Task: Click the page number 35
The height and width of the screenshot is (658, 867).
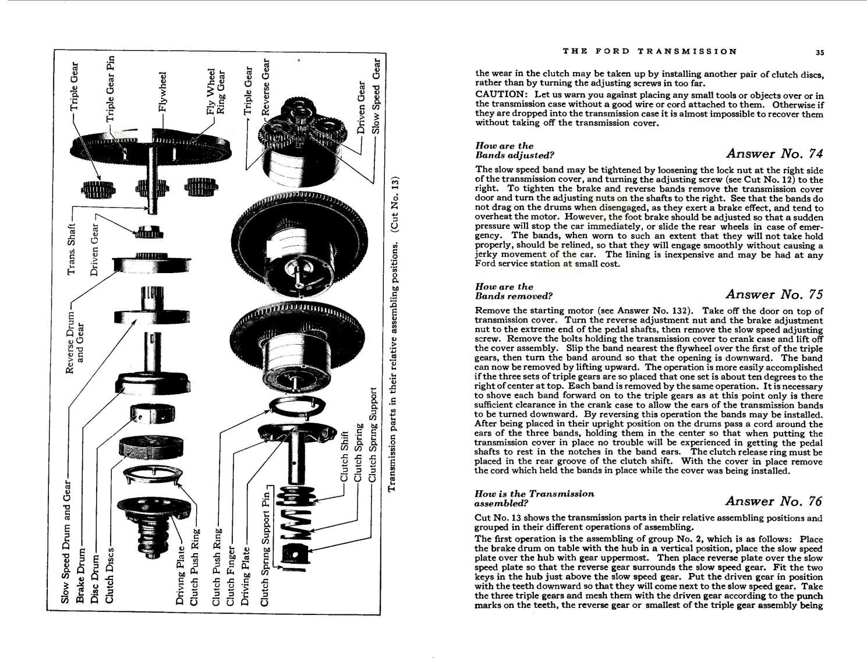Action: pyautogui.click(x=819, y=52)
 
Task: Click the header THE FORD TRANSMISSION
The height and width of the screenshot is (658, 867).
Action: pyautogui.click(x=649, y=51)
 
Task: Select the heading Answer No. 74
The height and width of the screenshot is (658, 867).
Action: pyautogui.click(x=774, y=154)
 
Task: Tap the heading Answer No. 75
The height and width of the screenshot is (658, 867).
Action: pyautogui.click(x=774, y=294)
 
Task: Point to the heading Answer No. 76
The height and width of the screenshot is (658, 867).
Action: pyautogui.click(x=773, y=501)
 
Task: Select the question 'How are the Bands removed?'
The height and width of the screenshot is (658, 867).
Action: pyautogui.click(x=513, y=291)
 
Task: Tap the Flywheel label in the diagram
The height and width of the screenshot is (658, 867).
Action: pyautogui.click(x=163, y=91)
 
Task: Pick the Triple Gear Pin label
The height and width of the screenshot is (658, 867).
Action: pyautogui.click(x=110, y=88)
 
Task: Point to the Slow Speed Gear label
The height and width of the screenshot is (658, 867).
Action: pyautogui.click(x=376, y=95)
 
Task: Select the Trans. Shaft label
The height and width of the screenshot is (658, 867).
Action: pyautogui.click(x=72, y=249)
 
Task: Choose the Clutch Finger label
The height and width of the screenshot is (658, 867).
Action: pyautogui.click(x=231, y=575)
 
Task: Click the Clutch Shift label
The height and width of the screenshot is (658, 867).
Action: pyautogui.click(x=344, y=457)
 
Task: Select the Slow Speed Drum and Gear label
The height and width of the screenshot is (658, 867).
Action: pyautogui.click(x=66, y=542)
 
